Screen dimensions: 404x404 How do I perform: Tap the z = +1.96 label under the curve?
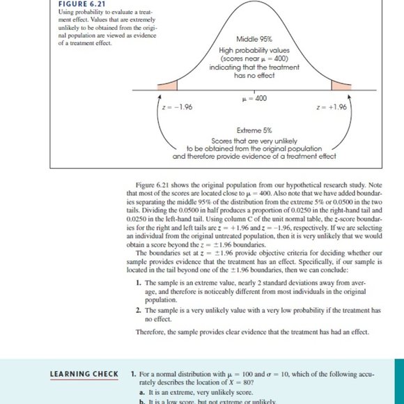pyautogui.click(x=332, y=107)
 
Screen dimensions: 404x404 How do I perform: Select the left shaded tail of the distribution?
pyautogui.click(x=168, y=86)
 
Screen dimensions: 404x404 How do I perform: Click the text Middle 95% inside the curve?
pyautogui.click(x=254, y=40)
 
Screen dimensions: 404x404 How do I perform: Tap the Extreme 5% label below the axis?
pyautogui.click(x=254, y=130)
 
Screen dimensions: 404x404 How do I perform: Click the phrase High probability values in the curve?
pyautogui.click(x=254, y=50)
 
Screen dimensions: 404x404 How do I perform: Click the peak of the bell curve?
pyautogui.click(x=254, y=3)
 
